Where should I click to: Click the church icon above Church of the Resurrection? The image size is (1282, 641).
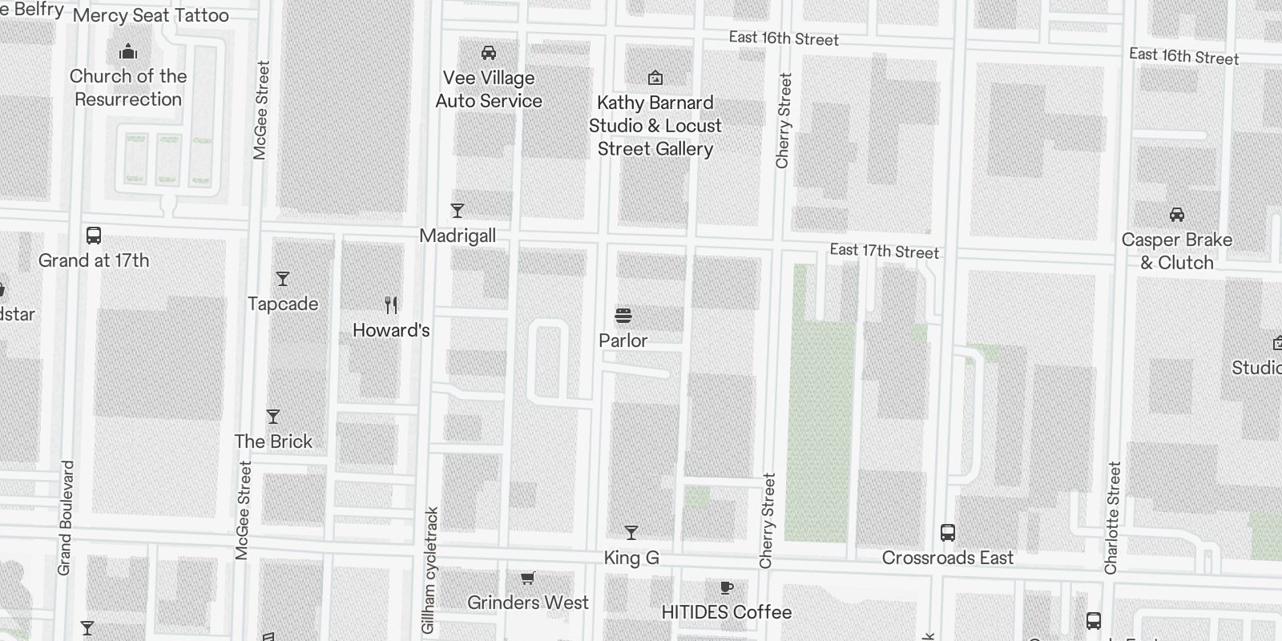128,53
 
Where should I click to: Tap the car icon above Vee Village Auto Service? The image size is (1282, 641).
488,53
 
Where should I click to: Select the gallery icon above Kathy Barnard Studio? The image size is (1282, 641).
655,78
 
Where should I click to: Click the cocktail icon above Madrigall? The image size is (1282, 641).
458,211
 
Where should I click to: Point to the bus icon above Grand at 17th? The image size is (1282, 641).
94,236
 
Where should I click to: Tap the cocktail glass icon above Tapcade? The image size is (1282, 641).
282,279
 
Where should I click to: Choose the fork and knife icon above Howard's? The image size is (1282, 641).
391,305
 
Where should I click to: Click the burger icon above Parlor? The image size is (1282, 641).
623,316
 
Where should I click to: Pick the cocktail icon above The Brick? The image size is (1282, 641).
273,417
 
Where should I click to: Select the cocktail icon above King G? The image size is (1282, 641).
631,533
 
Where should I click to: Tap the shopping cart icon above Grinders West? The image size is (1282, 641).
527,579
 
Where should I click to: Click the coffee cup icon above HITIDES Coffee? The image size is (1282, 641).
726,588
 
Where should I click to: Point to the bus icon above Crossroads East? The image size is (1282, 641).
948,533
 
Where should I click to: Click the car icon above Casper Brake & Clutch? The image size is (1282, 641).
1176,215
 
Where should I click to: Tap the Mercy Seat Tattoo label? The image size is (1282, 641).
151,15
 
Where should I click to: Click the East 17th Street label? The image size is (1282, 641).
884,251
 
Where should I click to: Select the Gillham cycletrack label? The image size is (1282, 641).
430,570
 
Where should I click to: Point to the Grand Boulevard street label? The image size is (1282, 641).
66,517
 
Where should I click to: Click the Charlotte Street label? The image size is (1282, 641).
1112,518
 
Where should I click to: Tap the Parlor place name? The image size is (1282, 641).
623,341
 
